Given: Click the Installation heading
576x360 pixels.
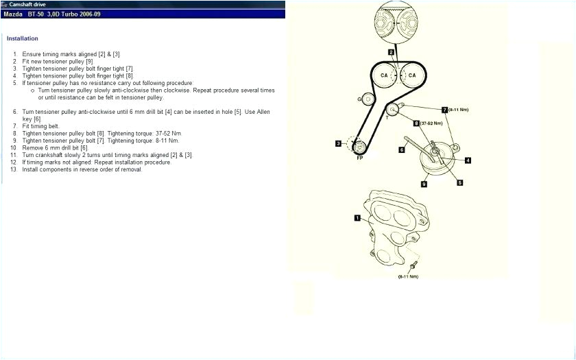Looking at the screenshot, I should [23, 38].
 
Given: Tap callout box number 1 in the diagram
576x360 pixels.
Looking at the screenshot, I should [357, 218].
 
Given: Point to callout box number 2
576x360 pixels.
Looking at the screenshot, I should [391, 52].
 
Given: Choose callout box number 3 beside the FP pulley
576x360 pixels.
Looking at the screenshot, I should [338, 143].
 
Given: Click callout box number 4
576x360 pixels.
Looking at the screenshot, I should [468, 160].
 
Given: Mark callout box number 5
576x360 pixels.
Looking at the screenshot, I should [460, 182].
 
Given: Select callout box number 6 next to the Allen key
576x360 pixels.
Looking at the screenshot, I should [402, 149].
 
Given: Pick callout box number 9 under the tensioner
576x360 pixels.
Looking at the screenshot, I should [424, 184].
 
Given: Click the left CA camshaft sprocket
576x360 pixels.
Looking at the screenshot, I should [385, 75].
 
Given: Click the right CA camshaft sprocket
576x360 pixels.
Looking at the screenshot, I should [412, 75].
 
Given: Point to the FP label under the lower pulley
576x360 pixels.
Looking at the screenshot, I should [359, 158].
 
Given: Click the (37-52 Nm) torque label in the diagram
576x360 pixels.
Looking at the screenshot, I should [431, 123].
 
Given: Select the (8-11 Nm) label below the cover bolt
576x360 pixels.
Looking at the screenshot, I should [408, 276].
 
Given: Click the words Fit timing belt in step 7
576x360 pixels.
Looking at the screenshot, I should [41, 126].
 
